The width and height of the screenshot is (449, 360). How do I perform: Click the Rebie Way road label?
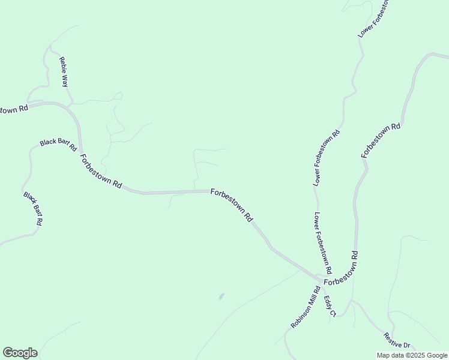pos(63,73)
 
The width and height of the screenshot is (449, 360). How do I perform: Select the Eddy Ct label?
pos(330,305)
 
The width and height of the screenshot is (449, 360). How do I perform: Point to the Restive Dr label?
pos(397,341)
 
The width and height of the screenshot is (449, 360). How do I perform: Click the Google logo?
pos(20,353)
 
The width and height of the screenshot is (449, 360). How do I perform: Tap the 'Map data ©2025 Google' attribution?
pos(412,355)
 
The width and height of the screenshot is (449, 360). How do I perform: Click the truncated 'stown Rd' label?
pos(13,110)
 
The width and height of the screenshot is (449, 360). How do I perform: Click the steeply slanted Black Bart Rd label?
pos(32,208)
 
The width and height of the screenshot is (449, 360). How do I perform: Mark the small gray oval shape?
pos(221,296)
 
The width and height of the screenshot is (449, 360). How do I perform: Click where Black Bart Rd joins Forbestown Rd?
pos(80,147)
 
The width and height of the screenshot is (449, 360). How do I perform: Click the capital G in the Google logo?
pos(8,353)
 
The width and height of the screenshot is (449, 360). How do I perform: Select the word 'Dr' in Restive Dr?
pos(406,345)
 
